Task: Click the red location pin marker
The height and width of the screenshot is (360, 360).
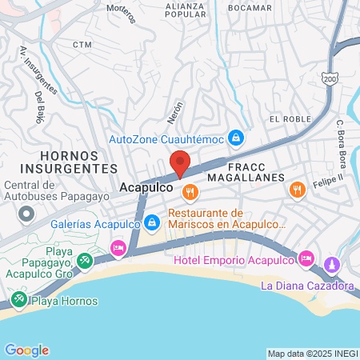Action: (x=181, y=162)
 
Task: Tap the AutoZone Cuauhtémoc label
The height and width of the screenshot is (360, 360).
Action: (x=166, y=138)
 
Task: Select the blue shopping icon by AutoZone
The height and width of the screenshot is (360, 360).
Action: (x=236, y=138)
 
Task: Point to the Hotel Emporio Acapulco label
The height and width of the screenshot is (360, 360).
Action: (x=234, y=260)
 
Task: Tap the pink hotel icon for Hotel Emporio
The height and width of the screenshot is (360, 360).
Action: (x=306, y=258)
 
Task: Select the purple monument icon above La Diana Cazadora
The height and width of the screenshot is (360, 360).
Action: (x=332, y=264)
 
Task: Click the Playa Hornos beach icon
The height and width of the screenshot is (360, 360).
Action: (x=18, y=301)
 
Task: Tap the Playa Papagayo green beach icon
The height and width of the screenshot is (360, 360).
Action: (x=86, y=259)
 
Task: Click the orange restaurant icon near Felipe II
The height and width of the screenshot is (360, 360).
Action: (x=298, y=190)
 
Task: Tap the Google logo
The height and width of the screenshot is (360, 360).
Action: (x=26, y=350)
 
